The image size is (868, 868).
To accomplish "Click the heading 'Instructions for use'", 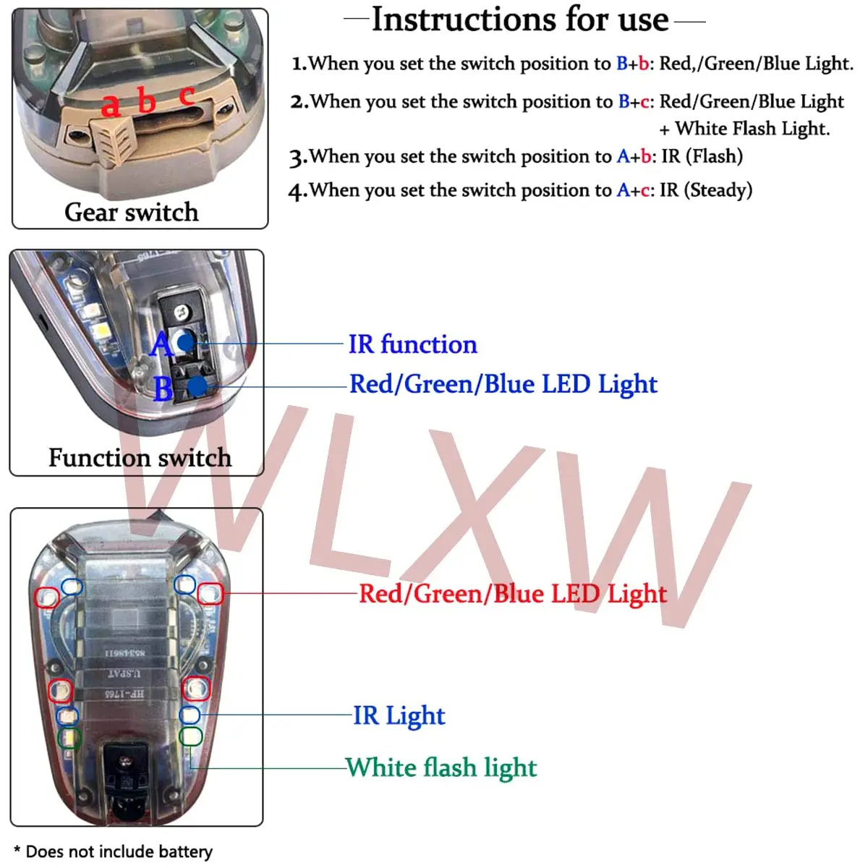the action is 520,20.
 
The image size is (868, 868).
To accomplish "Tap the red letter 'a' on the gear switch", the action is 111,105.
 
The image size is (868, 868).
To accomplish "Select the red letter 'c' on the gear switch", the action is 187,95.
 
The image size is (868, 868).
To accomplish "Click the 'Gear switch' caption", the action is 132,212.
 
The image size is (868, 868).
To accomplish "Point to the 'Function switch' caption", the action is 140,458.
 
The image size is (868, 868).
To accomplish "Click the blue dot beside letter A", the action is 185,343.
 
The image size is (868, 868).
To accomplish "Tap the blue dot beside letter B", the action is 197,386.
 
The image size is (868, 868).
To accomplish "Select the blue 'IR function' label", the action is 413,344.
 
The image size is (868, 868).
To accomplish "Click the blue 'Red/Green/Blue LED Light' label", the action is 503,384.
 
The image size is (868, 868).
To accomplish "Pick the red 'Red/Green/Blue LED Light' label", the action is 513,594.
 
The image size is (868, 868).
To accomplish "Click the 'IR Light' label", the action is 399,715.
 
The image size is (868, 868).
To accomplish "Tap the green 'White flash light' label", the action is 442,767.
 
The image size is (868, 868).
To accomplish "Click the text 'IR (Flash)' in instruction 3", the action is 702,156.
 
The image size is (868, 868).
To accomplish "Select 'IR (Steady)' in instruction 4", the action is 706,190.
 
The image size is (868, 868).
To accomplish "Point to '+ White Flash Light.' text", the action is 744,129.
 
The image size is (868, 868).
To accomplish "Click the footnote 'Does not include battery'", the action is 119,851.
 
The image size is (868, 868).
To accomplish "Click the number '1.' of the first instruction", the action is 299,64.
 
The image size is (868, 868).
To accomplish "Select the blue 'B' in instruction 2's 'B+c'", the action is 624,102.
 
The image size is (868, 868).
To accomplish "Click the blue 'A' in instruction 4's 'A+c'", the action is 623,190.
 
